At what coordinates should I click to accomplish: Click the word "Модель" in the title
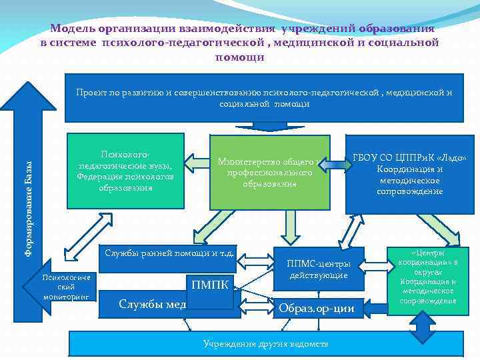[73, 29]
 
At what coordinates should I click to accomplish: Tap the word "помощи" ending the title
[239, 57]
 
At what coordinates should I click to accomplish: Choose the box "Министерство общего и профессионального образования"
[269, 172]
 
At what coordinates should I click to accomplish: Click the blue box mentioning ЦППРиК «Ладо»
[410, 173]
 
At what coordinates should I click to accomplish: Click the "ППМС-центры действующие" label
[318, 269]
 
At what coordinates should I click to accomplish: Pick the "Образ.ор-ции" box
[316, 307]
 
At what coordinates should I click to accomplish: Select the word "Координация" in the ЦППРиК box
[410, 169]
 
